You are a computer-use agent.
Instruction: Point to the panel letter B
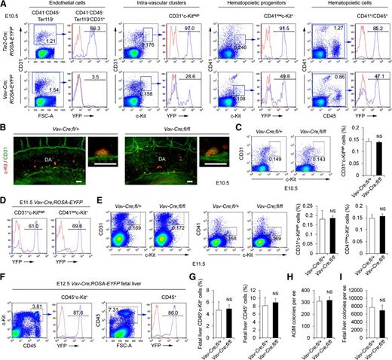4,115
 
